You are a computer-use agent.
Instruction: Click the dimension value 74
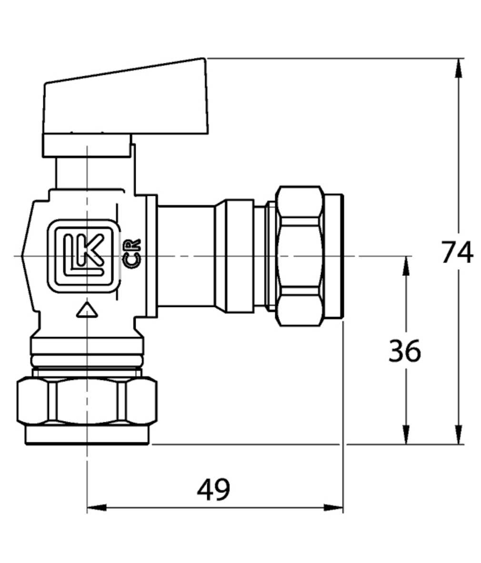457,252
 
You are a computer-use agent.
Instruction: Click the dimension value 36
404,350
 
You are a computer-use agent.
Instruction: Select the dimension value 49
213,489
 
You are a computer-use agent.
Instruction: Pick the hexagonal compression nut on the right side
300,256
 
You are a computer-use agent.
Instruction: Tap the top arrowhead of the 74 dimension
458,68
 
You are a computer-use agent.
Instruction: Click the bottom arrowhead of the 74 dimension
458,435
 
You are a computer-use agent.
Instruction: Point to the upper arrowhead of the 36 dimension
406,266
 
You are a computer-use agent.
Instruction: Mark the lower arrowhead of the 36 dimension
406,435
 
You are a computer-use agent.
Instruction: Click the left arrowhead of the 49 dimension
97,508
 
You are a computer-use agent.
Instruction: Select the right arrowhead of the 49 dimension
333,508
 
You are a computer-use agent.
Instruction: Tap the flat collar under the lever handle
87,145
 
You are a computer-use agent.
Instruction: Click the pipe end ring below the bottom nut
87,435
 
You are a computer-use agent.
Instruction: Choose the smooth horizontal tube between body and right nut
187,256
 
